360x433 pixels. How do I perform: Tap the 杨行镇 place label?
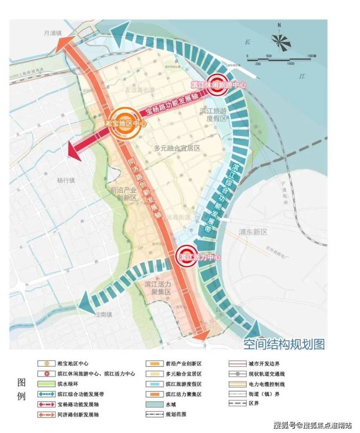point(66,180)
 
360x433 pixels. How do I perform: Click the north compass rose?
point(282,38)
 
